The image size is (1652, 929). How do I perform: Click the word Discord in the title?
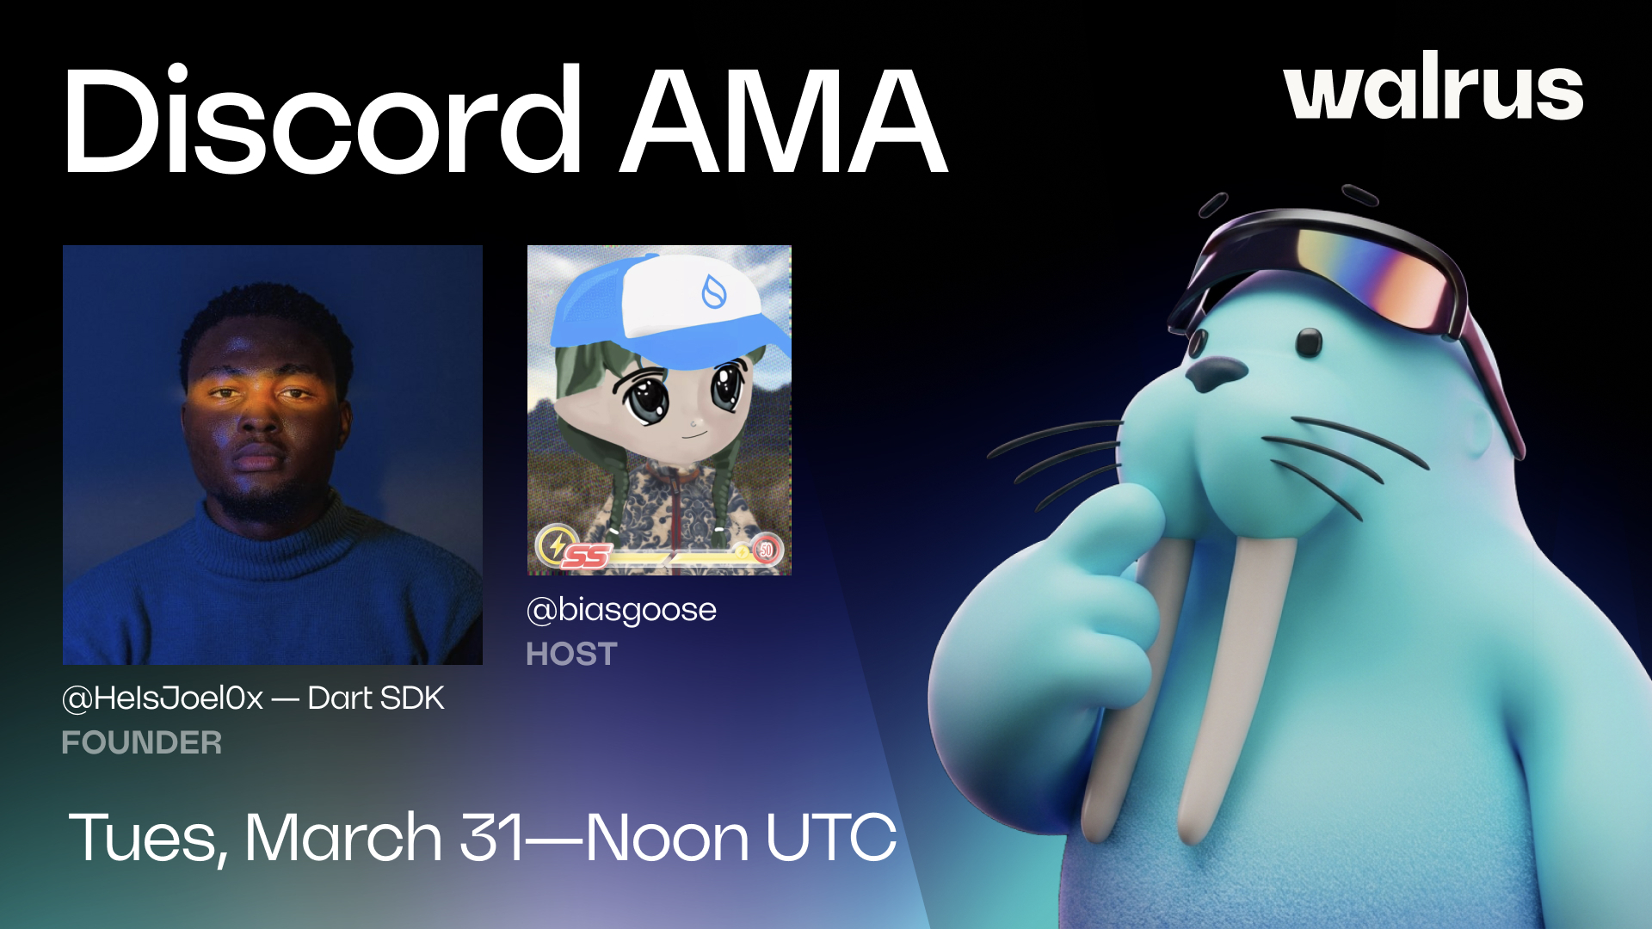point(323,120)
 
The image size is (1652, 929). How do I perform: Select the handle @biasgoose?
point(621,610)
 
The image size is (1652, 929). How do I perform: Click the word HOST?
point(571,655)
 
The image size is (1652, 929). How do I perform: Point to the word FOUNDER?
point(142,742)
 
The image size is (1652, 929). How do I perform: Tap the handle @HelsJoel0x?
point(163,698)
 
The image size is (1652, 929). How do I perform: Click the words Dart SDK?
point(376,698)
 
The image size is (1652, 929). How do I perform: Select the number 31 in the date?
point(492,837)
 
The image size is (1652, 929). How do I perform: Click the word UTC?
point(830,837)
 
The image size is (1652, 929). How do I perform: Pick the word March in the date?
point(343,836)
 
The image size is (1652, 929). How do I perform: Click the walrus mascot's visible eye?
point(1309,342)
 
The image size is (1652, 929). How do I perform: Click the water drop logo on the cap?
point(714,292)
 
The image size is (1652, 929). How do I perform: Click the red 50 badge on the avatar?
point(765,550)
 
